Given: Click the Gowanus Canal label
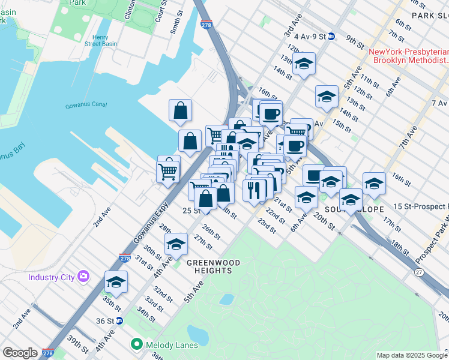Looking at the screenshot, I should click(x=86, y=106).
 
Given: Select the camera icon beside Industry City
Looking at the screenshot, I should click(x=83, y=277).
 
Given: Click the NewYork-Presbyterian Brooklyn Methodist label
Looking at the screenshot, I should click(x=409, y=56).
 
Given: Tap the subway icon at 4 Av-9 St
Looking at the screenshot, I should click(x=331, y=36).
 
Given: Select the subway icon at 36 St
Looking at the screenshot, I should click(x=119, y=321).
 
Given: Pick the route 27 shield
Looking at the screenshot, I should click(x=418, y=272).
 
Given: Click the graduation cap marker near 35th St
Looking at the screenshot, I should click(x=116, y=281).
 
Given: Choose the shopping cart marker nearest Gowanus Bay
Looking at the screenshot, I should click(x=168, y=172).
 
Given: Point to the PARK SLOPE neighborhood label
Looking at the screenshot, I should click(x=430, y=16).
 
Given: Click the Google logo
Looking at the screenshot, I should click(x=20, y=353).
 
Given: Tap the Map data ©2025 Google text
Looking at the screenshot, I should click(x=411, y=355).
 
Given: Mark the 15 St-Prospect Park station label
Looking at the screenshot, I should click(x=421, y=206).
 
